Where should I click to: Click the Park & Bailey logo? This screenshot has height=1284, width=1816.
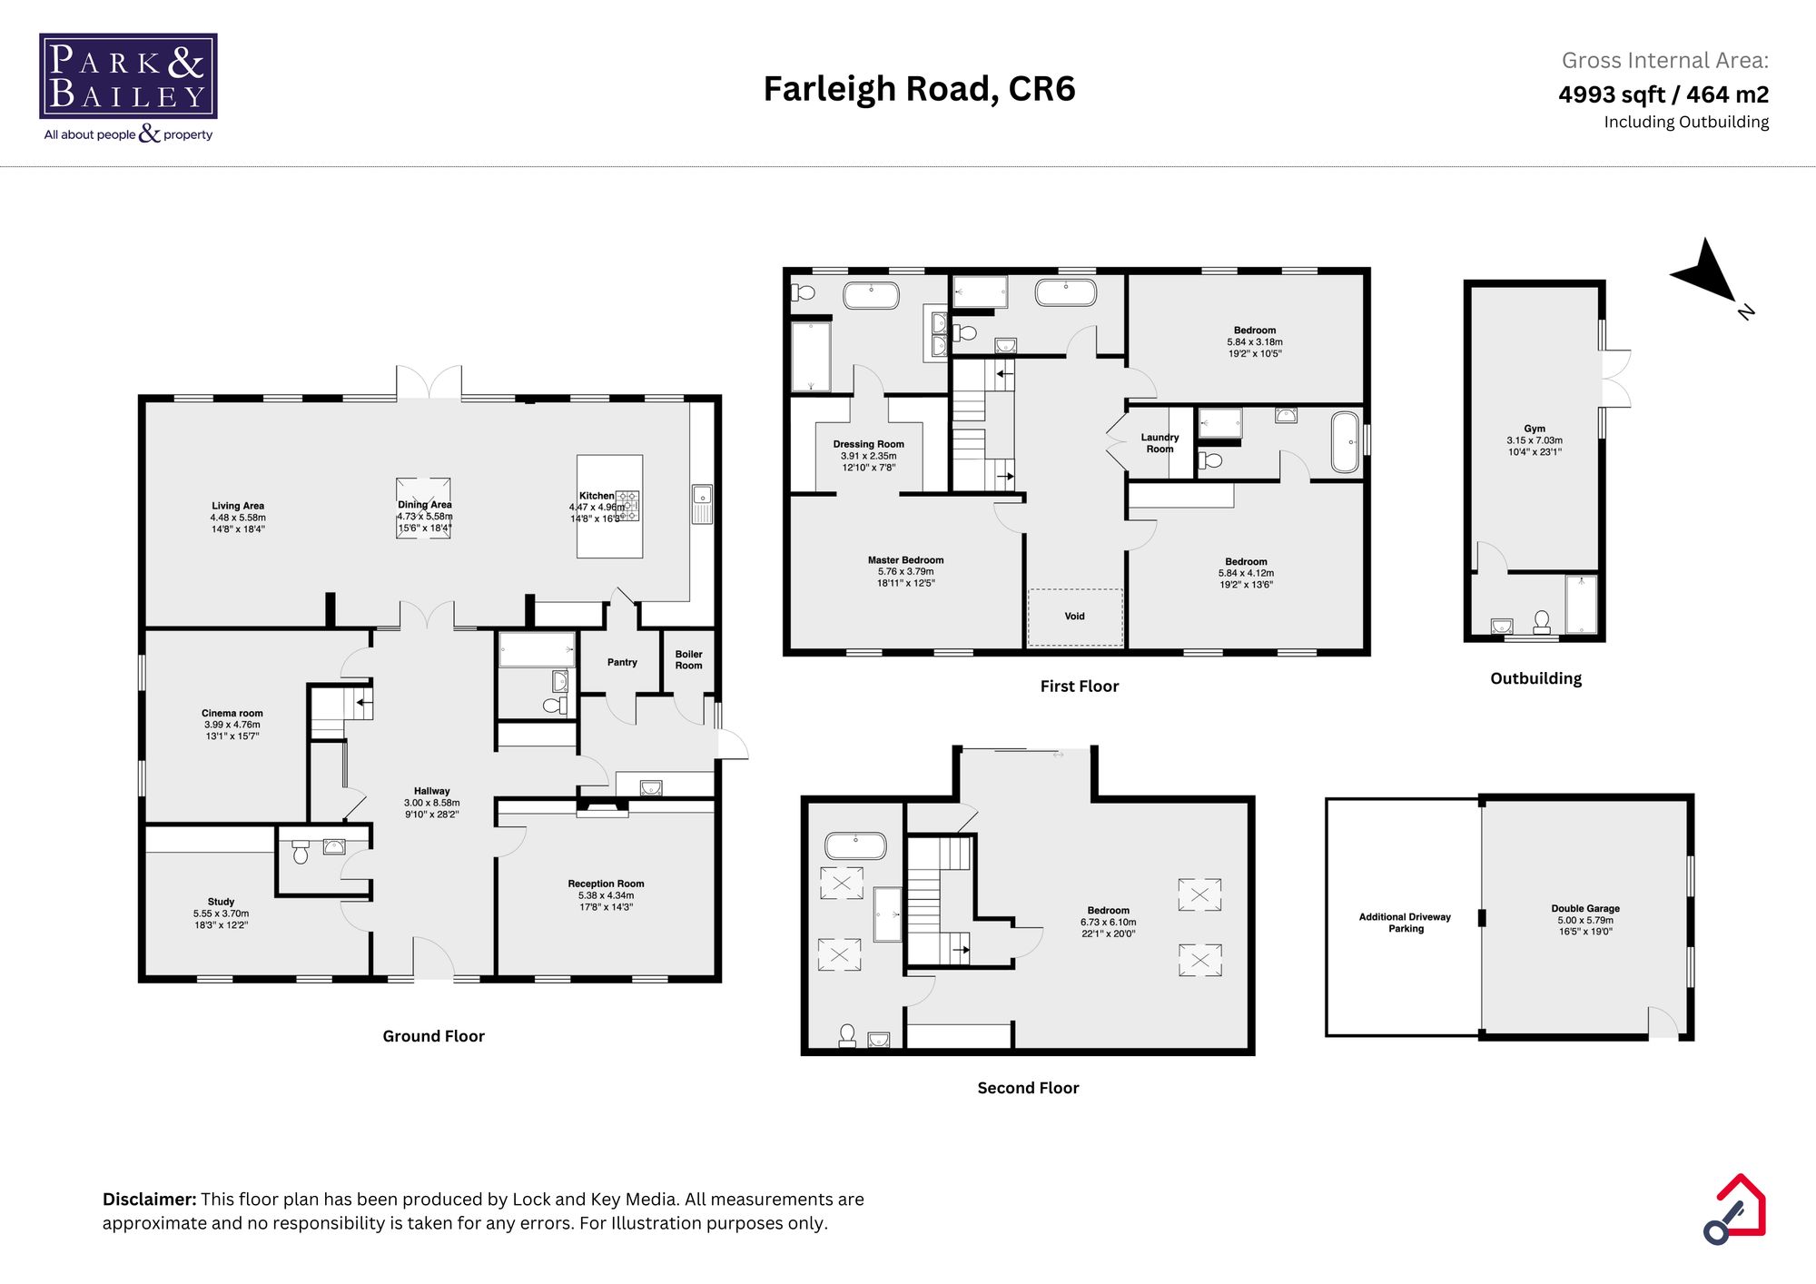128,77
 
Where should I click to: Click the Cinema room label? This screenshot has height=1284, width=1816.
232,713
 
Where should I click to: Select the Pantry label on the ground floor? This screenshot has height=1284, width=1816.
622,662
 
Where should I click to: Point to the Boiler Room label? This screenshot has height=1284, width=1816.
688,659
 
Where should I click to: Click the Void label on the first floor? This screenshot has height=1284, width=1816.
1074,616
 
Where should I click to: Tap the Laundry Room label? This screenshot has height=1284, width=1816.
1160,443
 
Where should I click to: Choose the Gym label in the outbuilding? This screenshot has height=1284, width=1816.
1535,429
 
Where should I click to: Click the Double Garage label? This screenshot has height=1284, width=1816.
1585,908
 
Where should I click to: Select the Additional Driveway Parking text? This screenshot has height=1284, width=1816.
1405,923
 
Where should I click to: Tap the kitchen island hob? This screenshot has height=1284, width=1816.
628,506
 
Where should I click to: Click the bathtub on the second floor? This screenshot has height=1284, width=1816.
854,845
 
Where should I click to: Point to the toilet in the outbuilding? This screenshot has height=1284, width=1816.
1542,621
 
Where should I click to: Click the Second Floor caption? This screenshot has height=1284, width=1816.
1028,1088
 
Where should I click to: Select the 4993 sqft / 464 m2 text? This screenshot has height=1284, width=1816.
1663,94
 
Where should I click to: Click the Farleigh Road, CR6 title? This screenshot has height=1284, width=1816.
919,89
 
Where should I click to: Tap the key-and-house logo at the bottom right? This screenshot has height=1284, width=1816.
1734,1209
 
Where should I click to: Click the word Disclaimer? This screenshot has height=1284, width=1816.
149,1200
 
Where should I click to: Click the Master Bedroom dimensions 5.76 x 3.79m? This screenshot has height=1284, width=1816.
905,572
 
